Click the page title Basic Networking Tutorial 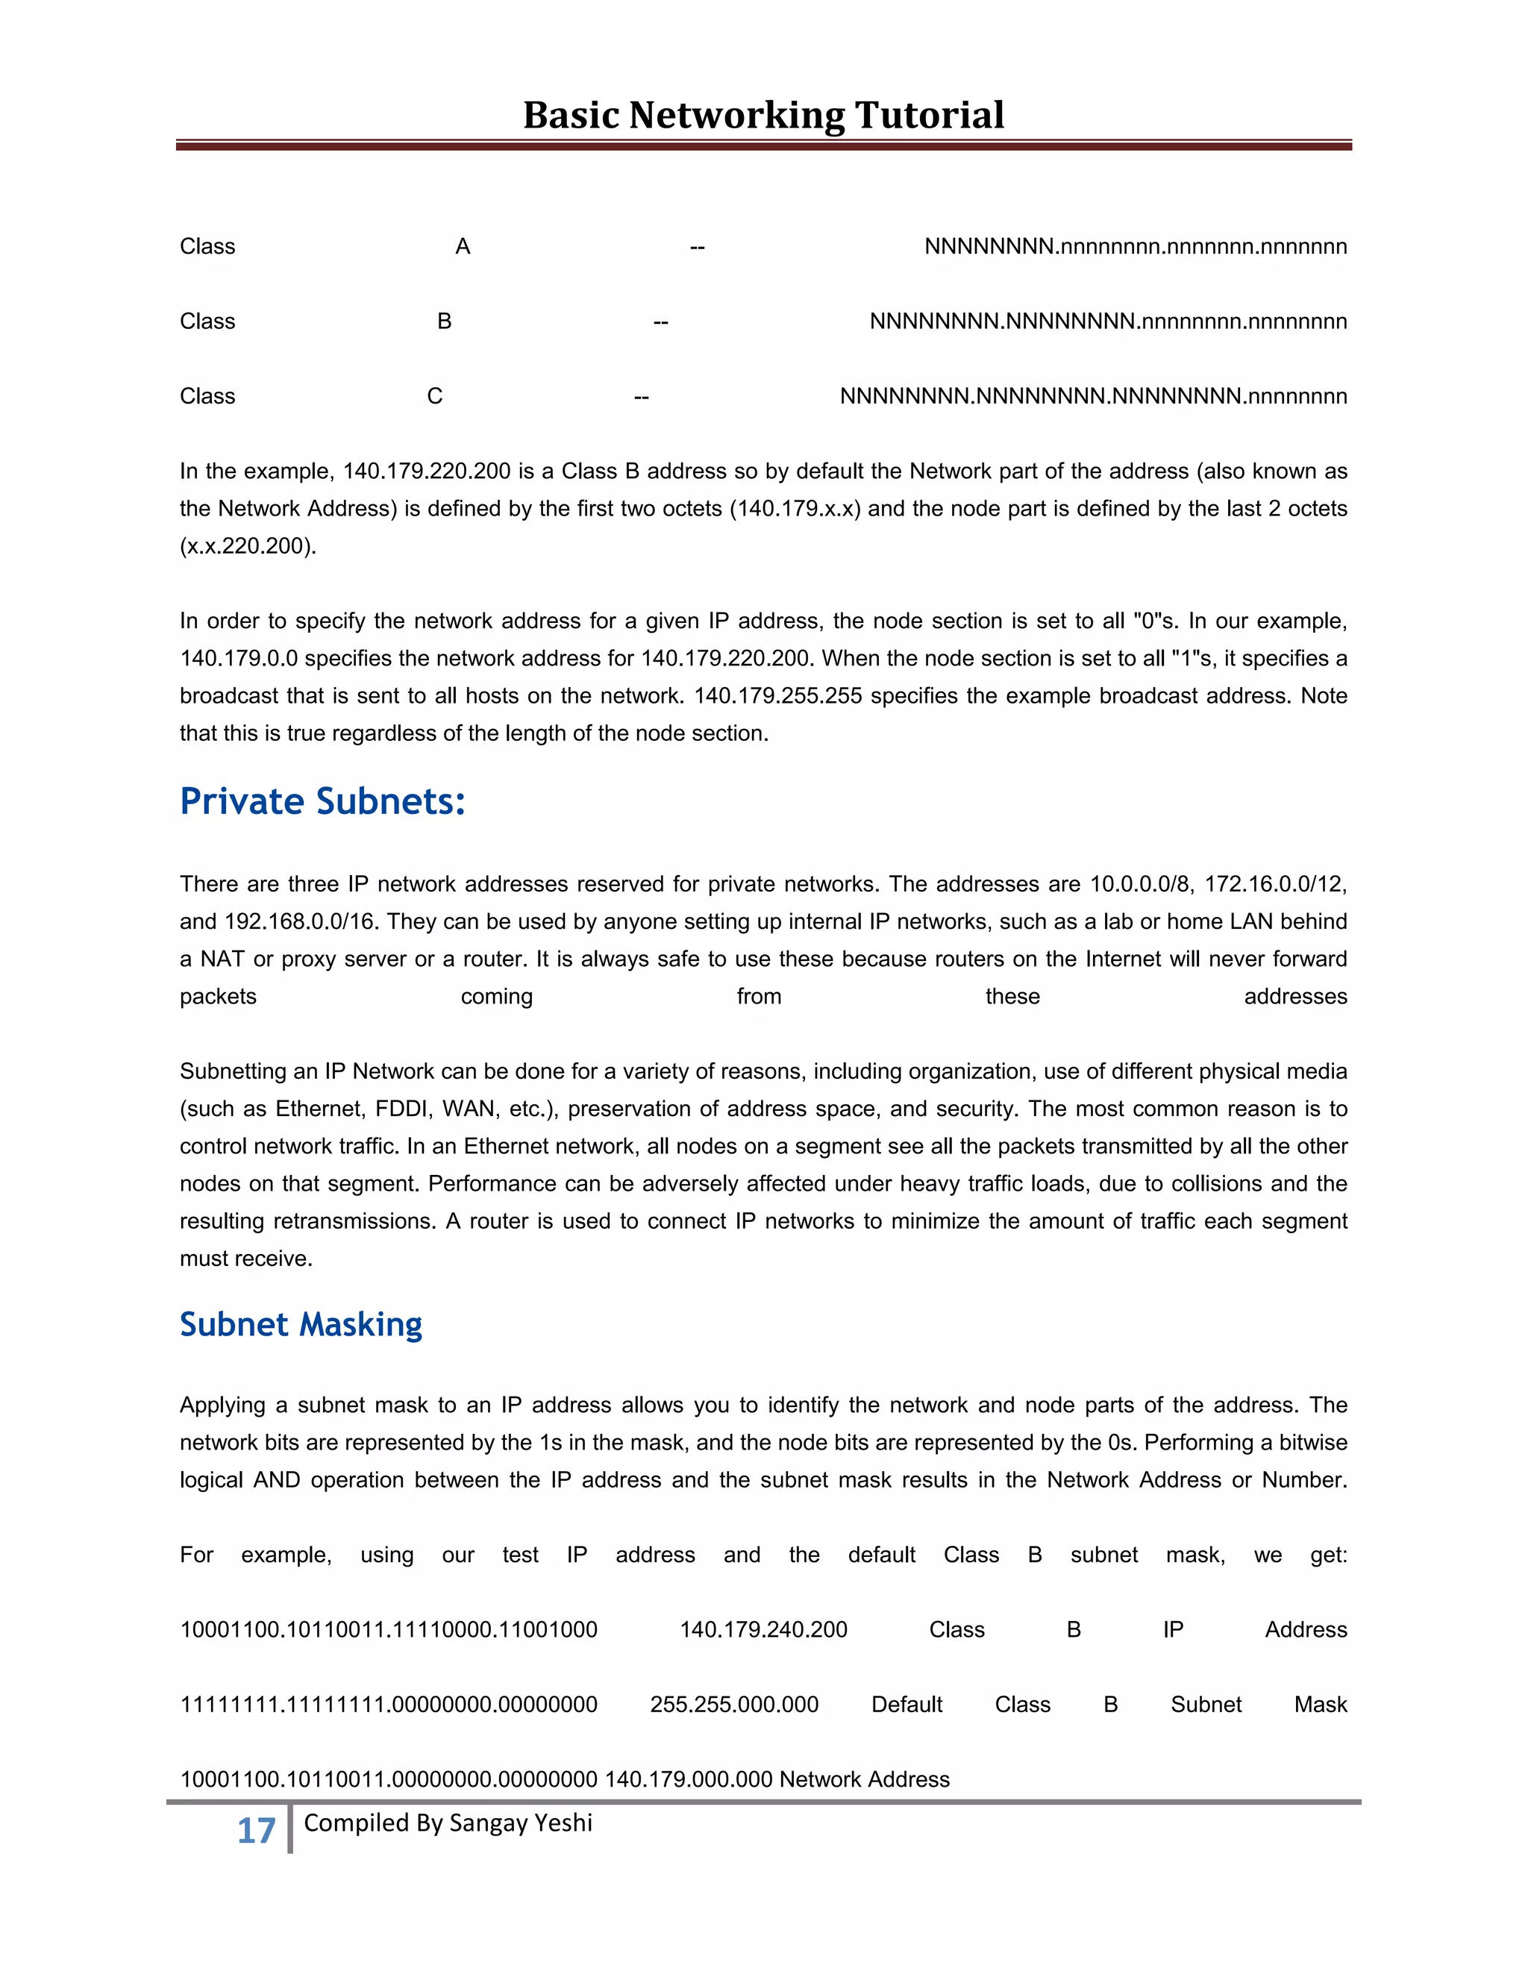coord(763,115)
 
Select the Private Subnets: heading coord(322,802)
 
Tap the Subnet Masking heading coord(301,1324)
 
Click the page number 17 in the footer coord(256,1830)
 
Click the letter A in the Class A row coord(463,246)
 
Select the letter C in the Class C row coord(434,396)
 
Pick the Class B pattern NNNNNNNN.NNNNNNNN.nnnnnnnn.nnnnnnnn coord(1108,322)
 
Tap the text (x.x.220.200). coord(248,546)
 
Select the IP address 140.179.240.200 coord(763,1629)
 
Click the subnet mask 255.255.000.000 coord(733,1705)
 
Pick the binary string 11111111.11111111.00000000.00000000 coord(388,1705)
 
